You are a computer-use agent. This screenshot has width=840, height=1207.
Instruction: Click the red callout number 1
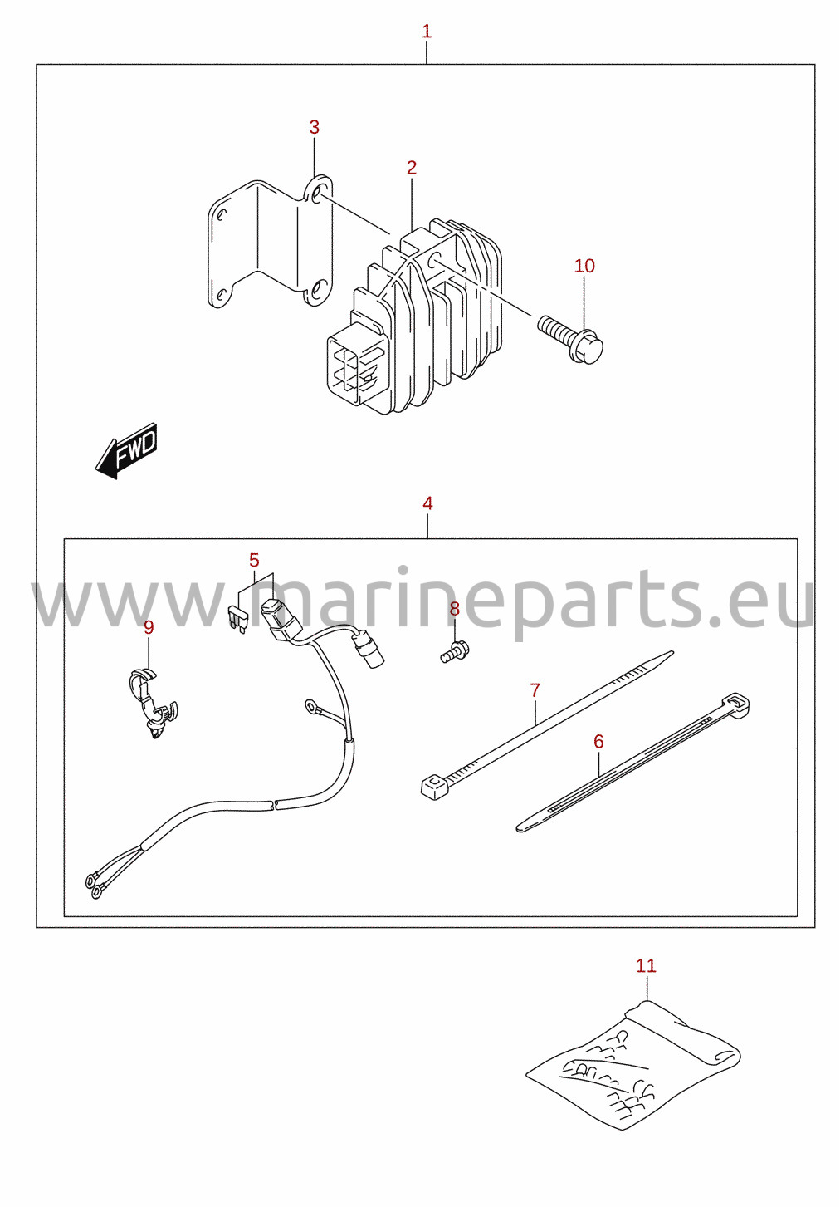coord(427,32)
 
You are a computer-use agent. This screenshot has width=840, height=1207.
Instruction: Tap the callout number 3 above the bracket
coord(314,127)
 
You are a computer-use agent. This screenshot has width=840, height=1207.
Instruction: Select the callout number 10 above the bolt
coord(584,266)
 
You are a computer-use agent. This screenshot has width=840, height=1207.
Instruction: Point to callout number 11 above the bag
coord(646,965)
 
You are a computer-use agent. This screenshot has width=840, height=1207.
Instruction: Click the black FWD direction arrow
coord(127,450)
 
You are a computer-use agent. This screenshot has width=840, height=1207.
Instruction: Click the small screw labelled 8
coord(455,651)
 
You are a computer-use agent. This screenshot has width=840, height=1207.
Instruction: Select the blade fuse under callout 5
coord(237,617)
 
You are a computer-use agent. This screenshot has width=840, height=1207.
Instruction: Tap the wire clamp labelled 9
coord(153,702)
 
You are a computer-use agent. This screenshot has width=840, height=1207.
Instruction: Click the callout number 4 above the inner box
coord(427,503)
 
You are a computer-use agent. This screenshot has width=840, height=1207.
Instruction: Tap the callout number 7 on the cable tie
coord(535,689)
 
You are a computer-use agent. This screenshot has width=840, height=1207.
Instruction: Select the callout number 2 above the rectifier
coord(412,168)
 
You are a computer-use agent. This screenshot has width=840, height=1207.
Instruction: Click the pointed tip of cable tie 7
coord(673,652)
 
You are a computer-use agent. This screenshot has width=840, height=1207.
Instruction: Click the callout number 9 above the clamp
coord(149,627)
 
